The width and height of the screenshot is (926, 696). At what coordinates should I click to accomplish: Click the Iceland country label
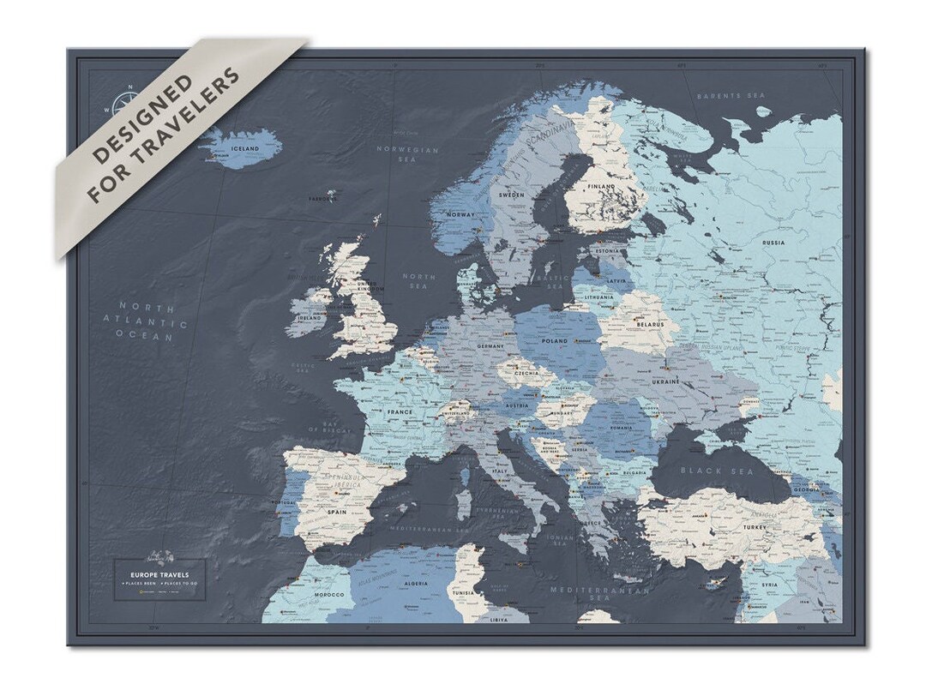(x=245, y=149)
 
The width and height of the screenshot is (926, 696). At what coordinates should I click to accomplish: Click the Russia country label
(x=773, y=243)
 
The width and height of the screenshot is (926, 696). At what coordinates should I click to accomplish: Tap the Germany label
(x=490, y=345)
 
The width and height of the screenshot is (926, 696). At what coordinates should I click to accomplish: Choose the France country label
(x=399, y=412)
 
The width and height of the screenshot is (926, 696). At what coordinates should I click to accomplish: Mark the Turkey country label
(x=755, y=527)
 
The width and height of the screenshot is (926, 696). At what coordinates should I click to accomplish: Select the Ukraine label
(x=666, y=381)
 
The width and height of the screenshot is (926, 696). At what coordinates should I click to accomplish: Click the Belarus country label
(x=650, y=326)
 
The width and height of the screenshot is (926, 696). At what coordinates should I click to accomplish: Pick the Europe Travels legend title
(x=159, y=573)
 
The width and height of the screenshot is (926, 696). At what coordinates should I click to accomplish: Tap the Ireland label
(x=310, y=318)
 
